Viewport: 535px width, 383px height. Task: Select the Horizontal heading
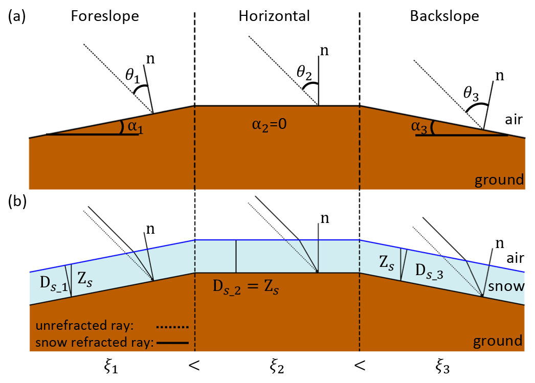pyautogui.click(x=274, y=16)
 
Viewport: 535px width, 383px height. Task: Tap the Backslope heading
pyautogui.click(x=444, y=16)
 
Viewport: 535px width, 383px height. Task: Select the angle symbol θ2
pyautogui.click(x=304, y=75)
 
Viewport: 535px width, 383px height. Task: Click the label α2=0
pyautogui.click(x=275, y=125)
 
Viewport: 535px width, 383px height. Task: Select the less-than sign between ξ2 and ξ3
pyautogui.click(x=360, y=365)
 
